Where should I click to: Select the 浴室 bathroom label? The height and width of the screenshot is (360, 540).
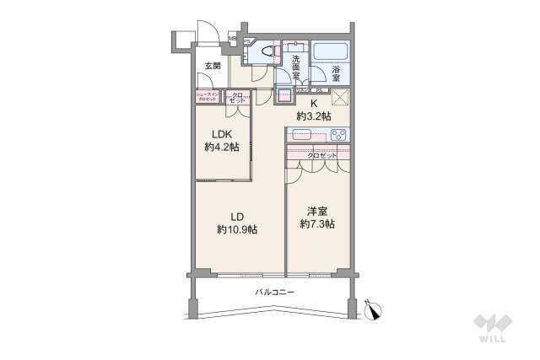point(335,75)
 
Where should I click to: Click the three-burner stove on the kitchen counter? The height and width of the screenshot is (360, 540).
point(339,134)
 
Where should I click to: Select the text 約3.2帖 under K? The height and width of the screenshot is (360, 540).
point(312,114)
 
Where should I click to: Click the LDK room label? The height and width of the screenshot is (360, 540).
point(221,134)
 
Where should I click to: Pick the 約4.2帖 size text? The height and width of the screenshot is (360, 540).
point(221,147)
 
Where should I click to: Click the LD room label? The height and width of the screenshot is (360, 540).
point(237,215)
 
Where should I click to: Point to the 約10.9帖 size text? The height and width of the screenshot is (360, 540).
point(237,228)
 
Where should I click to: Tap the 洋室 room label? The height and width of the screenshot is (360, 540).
point(316,211)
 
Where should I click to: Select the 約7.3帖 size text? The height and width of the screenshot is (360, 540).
point(317,224)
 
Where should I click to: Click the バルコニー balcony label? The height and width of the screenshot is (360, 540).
point(275,291)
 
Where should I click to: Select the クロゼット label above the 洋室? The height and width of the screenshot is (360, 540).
point(321,155)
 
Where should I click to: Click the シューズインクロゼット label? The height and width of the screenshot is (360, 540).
point(208,96)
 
